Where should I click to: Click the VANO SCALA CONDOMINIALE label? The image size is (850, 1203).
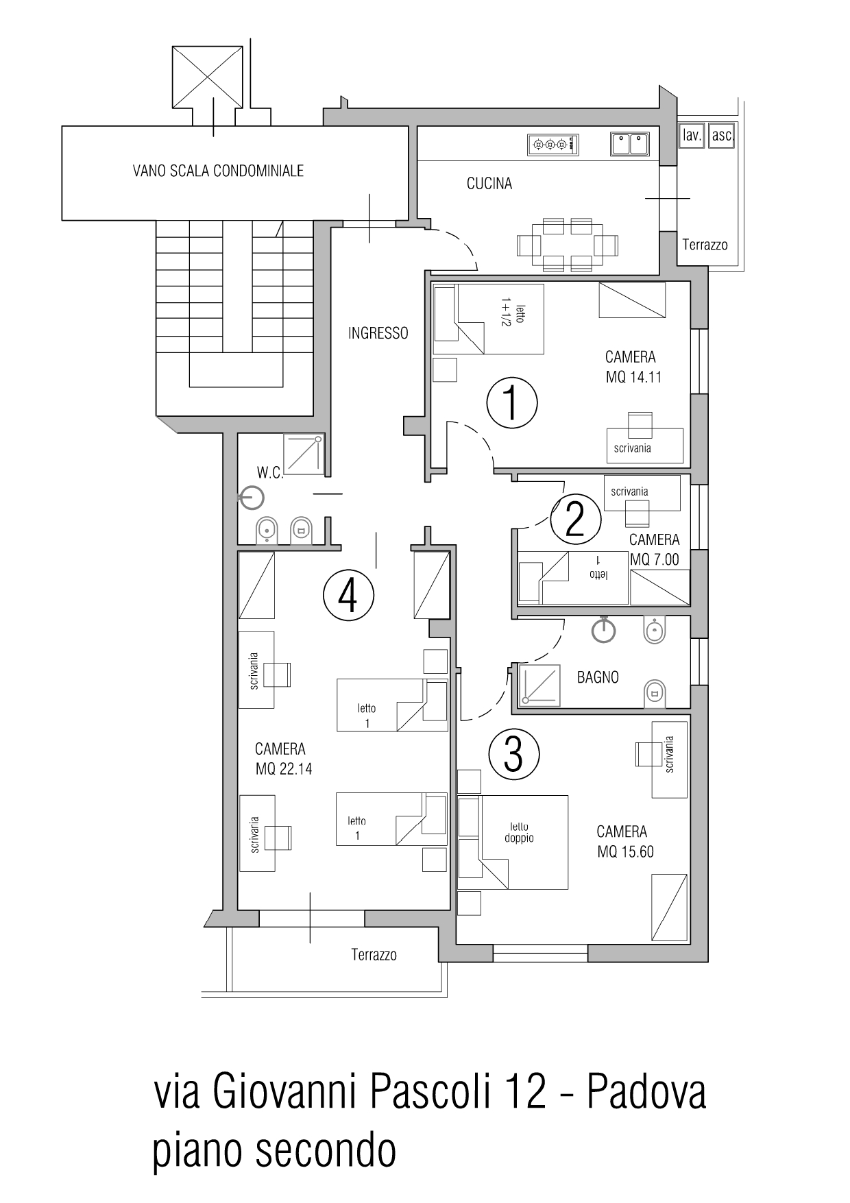[218, 171]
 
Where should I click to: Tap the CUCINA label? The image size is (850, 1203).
[489, 184]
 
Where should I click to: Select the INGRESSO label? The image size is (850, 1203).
[378, 333]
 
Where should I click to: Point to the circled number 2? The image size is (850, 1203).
[576, 520]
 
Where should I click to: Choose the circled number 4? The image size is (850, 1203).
[348, 595]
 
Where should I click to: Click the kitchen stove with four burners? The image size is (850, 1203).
[553, 145]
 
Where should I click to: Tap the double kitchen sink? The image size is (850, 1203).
[630, 144]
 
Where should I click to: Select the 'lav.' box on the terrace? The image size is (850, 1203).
[692, 135]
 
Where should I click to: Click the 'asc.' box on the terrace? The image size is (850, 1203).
[722, 135]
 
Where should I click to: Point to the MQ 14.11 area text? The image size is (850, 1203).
[633, 377]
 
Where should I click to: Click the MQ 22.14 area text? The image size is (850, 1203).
[284, 769]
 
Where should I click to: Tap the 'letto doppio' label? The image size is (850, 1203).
[519, 832]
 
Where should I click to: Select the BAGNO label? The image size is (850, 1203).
[598, 677]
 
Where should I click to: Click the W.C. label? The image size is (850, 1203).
[270, 473]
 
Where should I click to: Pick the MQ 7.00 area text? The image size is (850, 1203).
[655, 559]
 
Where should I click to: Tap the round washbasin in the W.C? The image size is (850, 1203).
[252, 498]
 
